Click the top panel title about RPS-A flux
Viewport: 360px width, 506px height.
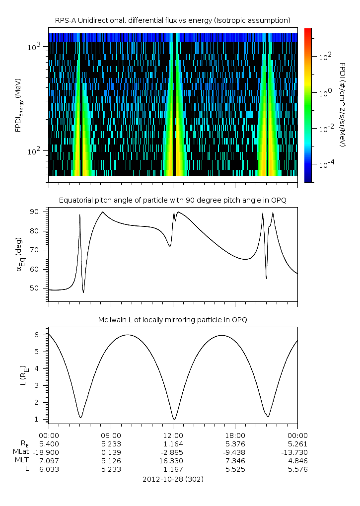click(173, 20)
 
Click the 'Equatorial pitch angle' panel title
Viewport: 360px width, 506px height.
click(173, 200)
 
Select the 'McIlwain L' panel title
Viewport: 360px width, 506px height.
click(173, 320)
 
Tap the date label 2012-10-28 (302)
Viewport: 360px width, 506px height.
click(173, 479)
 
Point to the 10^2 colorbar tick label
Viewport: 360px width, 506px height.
click(325, 56)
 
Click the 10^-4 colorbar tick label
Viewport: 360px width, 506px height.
click(325, 164)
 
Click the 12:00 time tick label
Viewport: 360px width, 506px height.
click(173, 434)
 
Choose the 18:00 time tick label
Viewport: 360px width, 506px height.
click(235, 434)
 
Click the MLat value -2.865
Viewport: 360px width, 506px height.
click(173, 452)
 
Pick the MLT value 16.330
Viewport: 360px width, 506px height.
click(173, 460)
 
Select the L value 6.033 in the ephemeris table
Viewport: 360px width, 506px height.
click(49, 469)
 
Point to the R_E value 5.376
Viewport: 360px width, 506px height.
click(235, 443)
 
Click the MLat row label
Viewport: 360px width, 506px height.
click(21, 452)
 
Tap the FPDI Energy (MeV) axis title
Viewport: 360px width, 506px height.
click(19, 104)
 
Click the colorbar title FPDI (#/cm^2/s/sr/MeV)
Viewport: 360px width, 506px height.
click(343, 104)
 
